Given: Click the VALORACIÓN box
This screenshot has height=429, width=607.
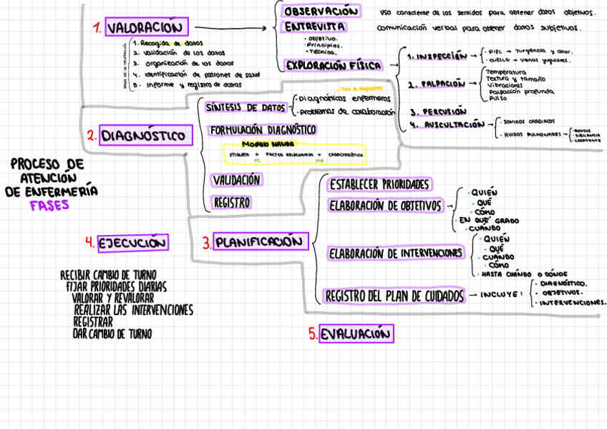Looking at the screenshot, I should coord(147,27).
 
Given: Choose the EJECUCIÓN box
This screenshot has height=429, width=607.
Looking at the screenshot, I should coord(132,243).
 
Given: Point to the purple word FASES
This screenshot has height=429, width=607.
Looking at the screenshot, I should coord(49,205).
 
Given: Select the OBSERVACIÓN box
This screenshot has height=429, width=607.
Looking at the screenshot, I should coord(321,12).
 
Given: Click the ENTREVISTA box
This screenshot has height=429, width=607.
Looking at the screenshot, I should coord(316,27).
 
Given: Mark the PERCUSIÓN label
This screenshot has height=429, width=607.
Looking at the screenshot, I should coord(438,112).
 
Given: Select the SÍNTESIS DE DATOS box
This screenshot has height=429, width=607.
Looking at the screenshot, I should coord(246,107).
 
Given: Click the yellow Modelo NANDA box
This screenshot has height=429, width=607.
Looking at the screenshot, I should coord(293,155).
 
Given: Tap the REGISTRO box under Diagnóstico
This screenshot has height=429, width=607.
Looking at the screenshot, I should coord(231,203).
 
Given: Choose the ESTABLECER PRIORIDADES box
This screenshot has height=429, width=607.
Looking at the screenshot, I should coord(379,185).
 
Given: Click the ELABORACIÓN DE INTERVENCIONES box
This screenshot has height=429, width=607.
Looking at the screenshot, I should coord(395,254).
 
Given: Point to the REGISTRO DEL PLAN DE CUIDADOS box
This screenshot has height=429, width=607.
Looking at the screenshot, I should coord(394,295).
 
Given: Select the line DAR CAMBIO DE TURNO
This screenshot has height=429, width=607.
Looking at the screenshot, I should coord(112,334).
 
